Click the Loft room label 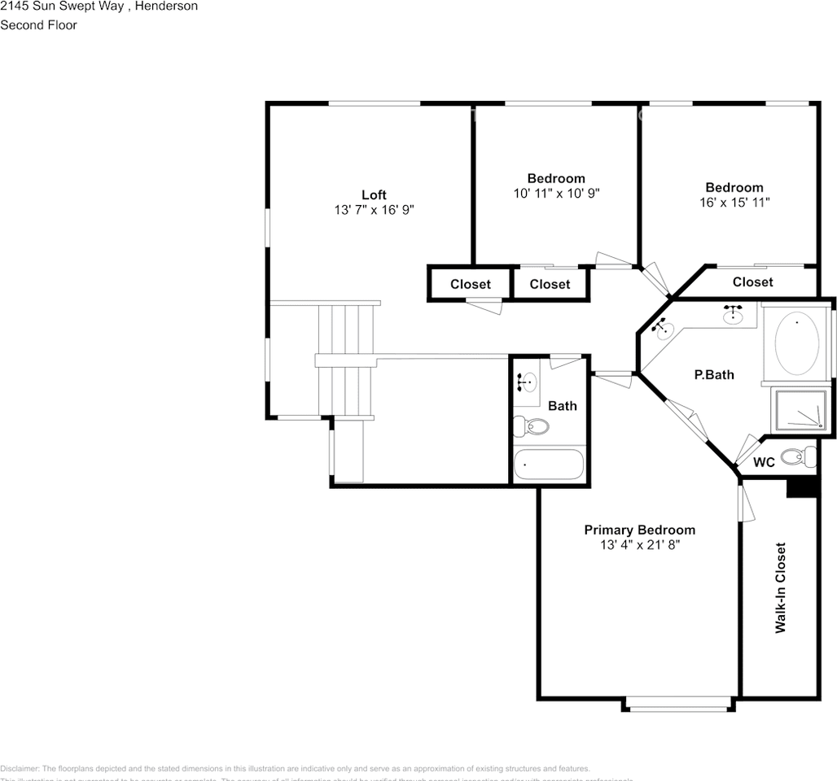(374, 194)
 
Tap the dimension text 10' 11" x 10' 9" (556, 194)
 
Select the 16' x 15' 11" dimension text (734, 203)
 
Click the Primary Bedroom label (639, 530)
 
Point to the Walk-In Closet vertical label (780, 587)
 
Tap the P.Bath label (713, 375)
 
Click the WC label (763, 463)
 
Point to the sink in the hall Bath (528, 381)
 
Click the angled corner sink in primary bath (664, 329)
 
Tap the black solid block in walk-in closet (802, 486)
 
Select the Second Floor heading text (38, 25)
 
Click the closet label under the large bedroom (752, 282)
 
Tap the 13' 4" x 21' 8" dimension (639, 545)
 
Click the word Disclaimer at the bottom (19, 769)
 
